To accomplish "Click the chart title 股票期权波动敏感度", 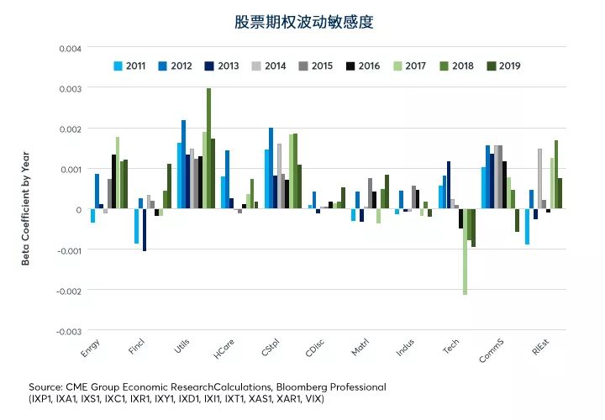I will pyautogui.click(x=302, y=22).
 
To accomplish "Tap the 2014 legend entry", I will pyautogui.click(x=269, y=66).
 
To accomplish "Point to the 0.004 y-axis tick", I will pyautogui.click(x=70, y=48).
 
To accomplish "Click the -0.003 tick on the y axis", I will pyautogui.click(x=68, y=331).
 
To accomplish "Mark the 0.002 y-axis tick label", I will pyautogui.click(x=70, y=129).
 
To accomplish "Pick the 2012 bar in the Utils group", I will pyautogui.click(x=184, y=165).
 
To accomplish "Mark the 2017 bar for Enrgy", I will pyautogui.click(x=118, y=173).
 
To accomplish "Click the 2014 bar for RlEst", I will pyautogui.click(x=539, y=179).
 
